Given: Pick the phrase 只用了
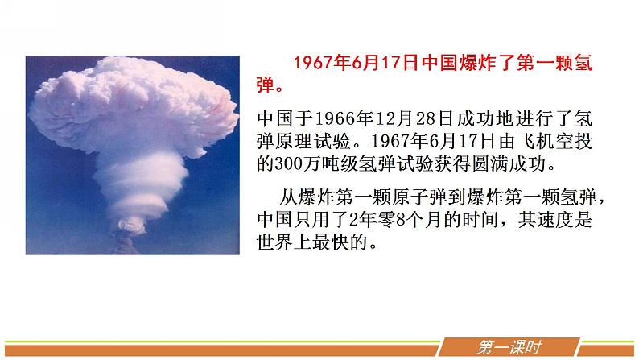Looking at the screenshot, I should [328, 221].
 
